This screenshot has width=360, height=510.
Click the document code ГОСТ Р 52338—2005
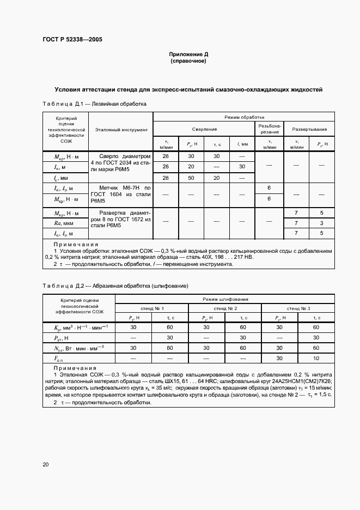point(72,40)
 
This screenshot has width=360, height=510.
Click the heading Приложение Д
point(188,55)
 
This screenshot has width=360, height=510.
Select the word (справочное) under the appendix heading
point(188,62)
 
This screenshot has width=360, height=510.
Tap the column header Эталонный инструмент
point(121,130)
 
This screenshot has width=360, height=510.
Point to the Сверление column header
point(204,129)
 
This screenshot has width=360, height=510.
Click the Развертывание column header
point(309,129)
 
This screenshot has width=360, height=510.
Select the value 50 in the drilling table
point(191,178)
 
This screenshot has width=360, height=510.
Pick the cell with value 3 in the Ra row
point(322,223)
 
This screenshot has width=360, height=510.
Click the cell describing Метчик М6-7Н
point(120,194)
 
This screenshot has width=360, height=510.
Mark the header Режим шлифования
point(225,299)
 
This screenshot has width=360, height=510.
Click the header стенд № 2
point(225,308)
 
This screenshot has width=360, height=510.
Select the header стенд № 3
point(298,308)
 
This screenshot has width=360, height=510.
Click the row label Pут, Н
point(62,337)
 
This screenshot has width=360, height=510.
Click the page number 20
point(46,464)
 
